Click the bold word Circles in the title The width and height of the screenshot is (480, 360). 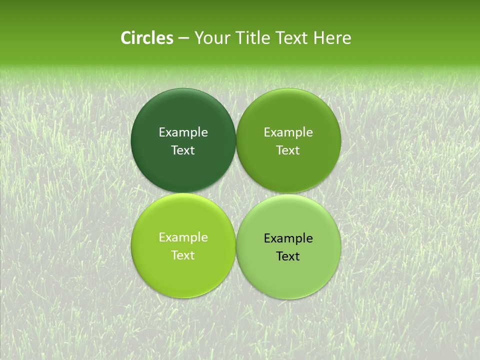tap(147, 38)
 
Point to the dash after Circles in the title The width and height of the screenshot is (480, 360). tap(183, 38)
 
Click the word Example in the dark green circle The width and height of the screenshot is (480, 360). tap(183, 132)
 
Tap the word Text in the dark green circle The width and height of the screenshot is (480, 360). tap(183, 150)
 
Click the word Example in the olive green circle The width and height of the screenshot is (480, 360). tap(288, 132)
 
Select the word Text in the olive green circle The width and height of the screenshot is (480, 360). tap(288, 150)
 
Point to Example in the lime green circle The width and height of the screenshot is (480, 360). tap(183, 237)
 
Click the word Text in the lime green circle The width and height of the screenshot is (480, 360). tap(183, 255)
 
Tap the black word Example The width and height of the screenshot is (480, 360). tap(288, 238)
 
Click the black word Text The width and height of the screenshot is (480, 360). tap(288, 256)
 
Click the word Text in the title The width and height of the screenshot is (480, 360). tap(292, 38)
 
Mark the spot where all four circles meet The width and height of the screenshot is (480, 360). tap(236, 193)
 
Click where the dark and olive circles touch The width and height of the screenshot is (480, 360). tap(236, 140)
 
